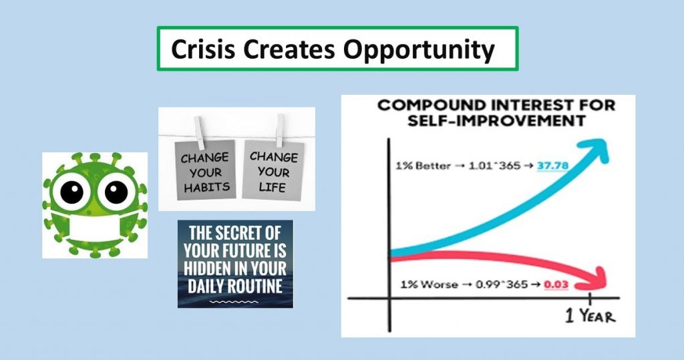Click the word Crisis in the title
pyautogui.click(x=203, y=49)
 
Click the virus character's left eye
pyautogui.click(x=71, y=192)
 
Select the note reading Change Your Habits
pyautogui.click(x=205, y=170)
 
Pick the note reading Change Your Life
pyautogui.click(x=273, y=170)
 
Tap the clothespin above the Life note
pyautogui.click(x=280, y=130)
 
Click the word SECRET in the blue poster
pyautogui.click(x=250, y=233)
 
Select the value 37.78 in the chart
pyautogui.click(x=552, y=166)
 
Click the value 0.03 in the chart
pyautogui.click(x=556, y=285)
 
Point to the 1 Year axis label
pyautogui.click(x=590, y=315)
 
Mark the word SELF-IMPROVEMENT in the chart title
pyautogui.click(x=496, y=120)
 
